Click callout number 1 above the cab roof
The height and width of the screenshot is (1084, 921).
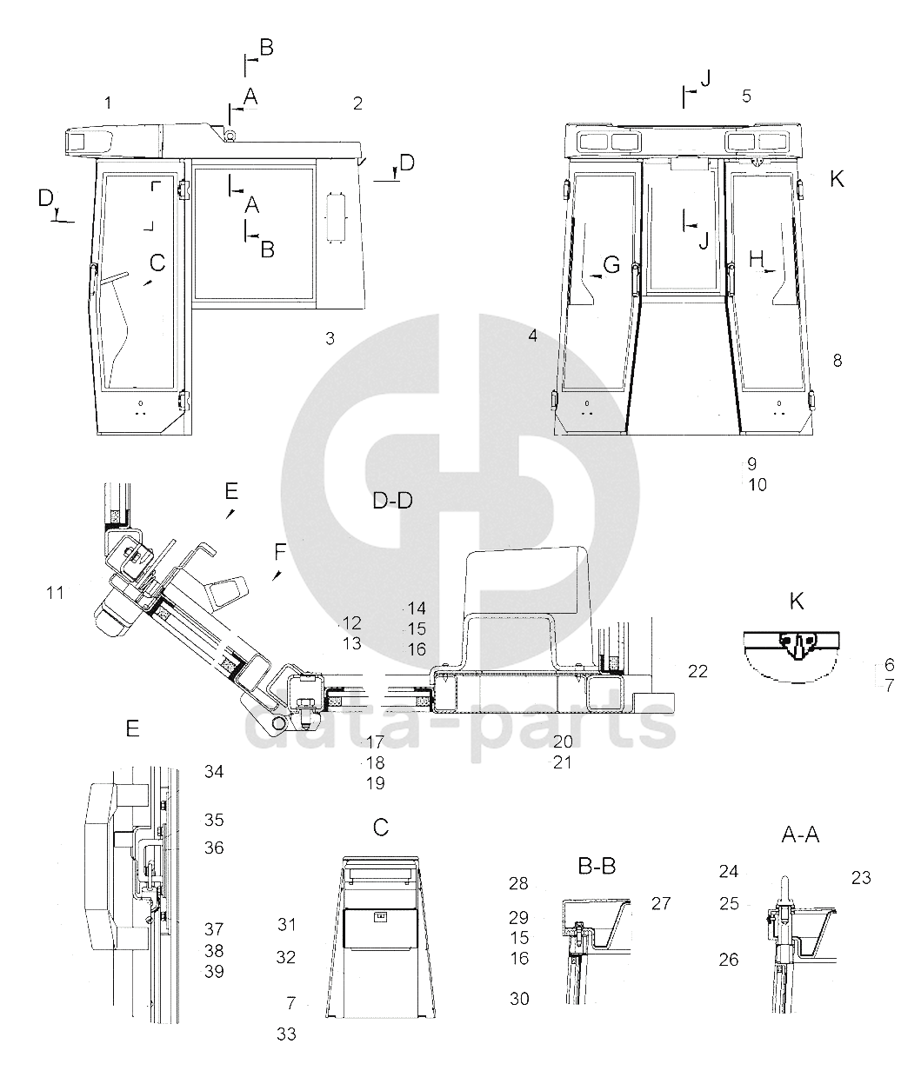pos(108,103)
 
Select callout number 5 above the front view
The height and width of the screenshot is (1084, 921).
pos(746,96)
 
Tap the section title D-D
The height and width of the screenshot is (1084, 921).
pos(392,501)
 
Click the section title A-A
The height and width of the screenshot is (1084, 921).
pos(800,835)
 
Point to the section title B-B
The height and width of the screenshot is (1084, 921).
pos(597,867)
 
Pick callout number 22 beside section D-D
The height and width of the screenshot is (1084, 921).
pos(698,671)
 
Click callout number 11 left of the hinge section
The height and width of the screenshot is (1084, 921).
pos(55,593)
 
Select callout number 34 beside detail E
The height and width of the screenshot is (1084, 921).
pos(214,771)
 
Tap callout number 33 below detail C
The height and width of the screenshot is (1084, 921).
pos(286,1034)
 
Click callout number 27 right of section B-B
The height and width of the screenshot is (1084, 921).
pos(661,903)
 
